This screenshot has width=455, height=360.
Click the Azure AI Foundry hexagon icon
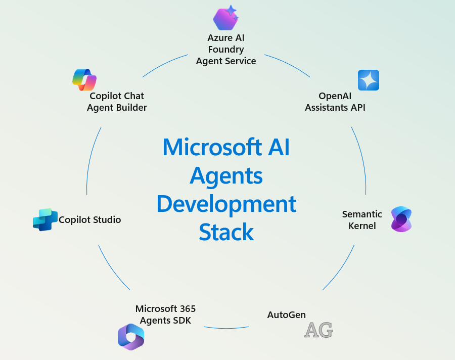pos(225,18)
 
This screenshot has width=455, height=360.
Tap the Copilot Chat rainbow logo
pos(84,79)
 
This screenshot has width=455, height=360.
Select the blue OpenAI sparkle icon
pos(368,80)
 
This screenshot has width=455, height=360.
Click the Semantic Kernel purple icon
pos(401,219)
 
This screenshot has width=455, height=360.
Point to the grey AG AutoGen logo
pos(318,330)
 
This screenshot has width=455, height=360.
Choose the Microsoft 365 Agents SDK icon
pos(131,337)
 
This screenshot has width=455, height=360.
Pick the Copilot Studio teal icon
pos(45,219)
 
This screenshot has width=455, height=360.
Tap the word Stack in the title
pos(226,232)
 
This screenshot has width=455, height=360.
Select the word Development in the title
pos(226,204)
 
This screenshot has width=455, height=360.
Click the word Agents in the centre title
pos(226,175)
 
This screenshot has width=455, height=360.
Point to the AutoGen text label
pos(286,315)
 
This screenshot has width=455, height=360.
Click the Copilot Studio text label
pos(90,220)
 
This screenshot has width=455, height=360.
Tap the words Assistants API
pos(335,107)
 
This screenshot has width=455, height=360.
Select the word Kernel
pos(362,226)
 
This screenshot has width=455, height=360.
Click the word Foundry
pos(226,50)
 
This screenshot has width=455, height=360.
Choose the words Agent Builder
pos(117,107)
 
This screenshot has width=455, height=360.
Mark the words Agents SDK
pos(165,320)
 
